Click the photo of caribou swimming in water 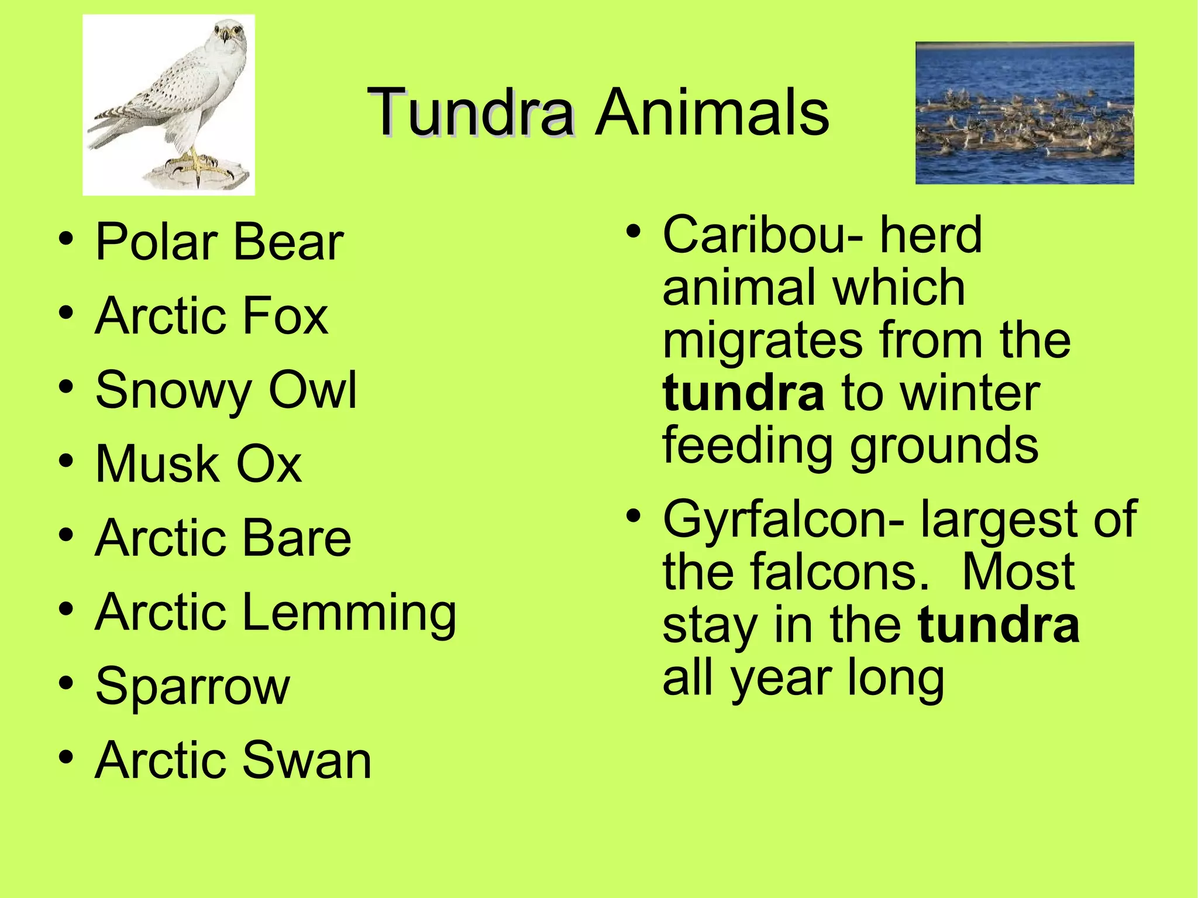1024,113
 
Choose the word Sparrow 192,687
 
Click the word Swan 307,760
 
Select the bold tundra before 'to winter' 743,394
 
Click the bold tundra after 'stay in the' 999,625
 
